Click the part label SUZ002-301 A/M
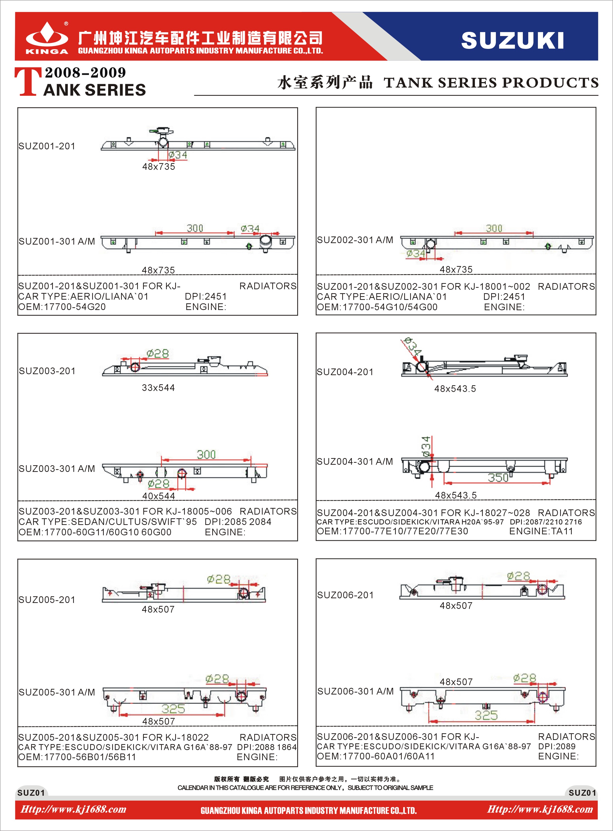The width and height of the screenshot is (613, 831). (x=355, y=240)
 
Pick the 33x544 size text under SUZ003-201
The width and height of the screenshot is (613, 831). (x=158, y=388)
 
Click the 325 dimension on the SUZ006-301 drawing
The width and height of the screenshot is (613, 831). (x=486, y=715)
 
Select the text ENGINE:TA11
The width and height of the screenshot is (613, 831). (x=541, y=531)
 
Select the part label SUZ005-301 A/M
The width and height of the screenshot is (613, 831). (x=57, y=692)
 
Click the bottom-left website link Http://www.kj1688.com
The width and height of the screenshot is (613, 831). (x=73, y=809)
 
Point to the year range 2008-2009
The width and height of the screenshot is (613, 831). (x=85, y=73)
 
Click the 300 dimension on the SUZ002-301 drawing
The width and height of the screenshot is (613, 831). (x=494, y=228)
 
